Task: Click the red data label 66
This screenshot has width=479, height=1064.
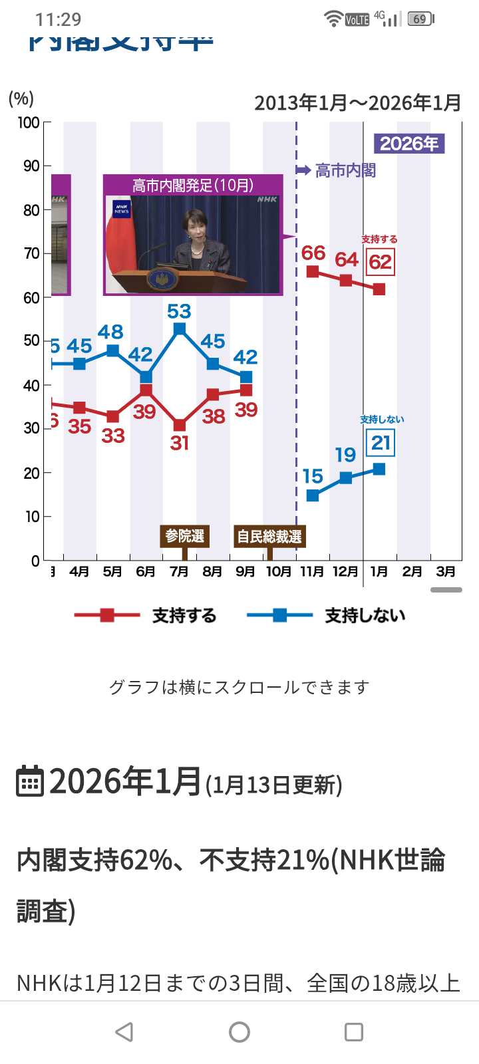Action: pyautogui.click(x=313, y=253)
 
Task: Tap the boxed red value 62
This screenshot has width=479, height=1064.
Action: pyautogui.click(x=381, y=262)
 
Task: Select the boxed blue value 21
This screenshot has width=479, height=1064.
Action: pyautogui.click(x=381, y=443)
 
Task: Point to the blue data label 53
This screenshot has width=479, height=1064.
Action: pyautogui.click(x=179, y=311)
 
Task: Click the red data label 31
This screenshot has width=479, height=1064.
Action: pyautogui.click(x=180, y=443)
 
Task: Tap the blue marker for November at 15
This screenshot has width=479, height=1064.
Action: pyautogui.click(x=313, y=495)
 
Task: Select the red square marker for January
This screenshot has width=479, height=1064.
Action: pyautogui.click(x=379, y=289)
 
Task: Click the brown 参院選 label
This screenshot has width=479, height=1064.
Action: pyautogui.click(x=185, y=536)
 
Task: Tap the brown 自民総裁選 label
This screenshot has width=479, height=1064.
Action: pyautogui.click(x=269, y=536)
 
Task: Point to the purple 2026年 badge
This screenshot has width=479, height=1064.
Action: pyautogui.click(x=409, y=144)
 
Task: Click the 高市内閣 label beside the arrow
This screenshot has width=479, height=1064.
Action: pyautogui.click(x=345, y=171)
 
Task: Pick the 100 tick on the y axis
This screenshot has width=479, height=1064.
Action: pyautogui.click(x=29, y=122)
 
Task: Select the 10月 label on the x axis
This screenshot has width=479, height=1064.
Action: pyautogui.click(x=279, y=571)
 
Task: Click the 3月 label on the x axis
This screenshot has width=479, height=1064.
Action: pyautogui.click(x=446, y=571)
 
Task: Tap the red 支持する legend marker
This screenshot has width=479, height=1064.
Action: pyautogui.click(x=107, y=615)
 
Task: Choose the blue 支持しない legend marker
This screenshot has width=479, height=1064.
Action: pyautogui.click(x=279, y=615)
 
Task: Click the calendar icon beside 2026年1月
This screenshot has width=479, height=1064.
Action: pyautogui.click(x=29, y=781)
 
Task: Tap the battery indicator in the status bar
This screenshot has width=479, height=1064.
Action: pyautogui.click(x=420, y=19)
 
